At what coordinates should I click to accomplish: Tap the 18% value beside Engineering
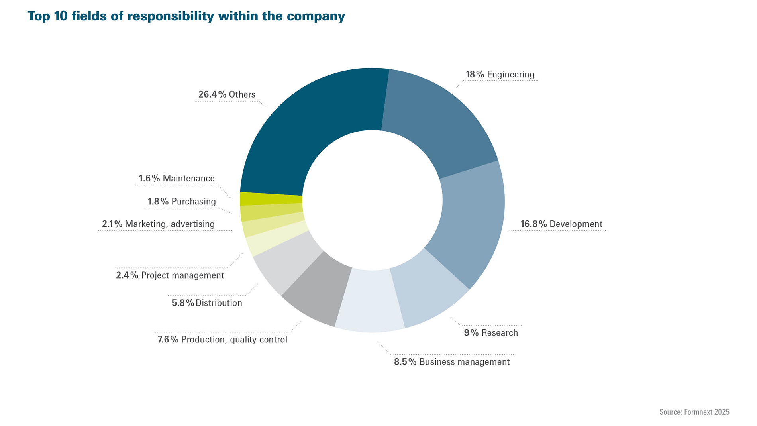click(475, 75)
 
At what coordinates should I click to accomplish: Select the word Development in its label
click(576, 224)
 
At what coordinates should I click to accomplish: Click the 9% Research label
click(491, 333)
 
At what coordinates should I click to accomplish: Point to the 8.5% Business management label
click(452, 362)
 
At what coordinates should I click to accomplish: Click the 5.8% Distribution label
click(207, 303)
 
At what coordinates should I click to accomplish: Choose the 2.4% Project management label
click(170, 275)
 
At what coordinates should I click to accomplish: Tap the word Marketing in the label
click(146, 224)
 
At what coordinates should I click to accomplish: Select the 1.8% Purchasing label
click(182, 202)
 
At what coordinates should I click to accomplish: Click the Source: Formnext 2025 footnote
click(694, 412)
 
